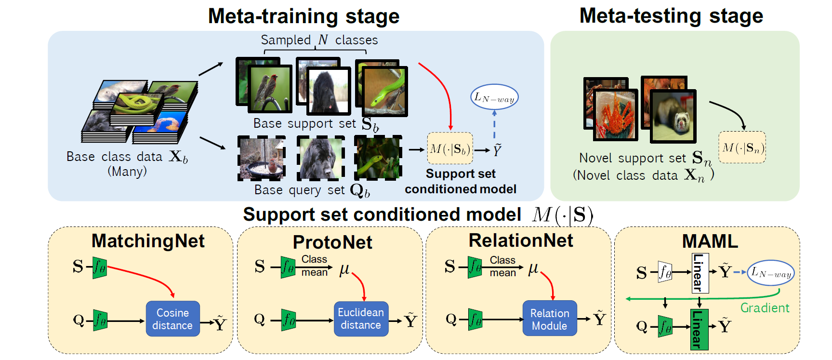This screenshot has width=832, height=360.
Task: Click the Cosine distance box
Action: point(172,319)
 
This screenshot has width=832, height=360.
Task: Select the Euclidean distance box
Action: point(361,319)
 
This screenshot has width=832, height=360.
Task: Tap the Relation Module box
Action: point(550,319)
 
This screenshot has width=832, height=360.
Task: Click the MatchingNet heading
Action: point(148,241)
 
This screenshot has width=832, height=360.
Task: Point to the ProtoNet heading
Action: point(332,242)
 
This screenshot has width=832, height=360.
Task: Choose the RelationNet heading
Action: point(521,240)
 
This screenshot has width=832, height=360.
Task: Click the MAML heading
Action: point(710,241)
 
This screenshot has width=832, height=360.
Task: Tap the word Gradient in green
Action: point(765,308)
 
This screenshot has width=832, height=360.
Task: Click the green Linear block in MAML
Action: point(699,329)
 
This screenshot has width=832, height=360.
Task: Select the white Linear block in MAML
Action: point(700,273)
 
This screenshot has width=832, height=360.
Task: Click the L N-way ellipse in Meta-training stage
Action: point(494,97)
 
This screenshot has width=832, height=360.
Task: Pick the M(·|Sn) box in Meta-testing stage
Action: point(742,147)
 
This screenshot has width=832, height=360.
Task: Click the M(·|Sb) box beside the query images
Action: point(450,148)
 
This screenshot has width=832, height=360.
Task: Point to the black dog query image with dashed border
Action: point(320,158)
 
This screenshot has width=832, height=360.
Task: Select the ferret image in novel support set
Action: point(674,116)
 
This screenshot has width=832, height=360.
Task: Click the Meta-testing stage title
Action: point(671,15)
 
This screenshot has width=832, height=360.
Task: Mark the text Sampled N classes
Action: point(319,40)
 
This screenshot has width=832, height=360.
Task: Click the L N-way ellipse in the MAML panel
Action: point(771,273)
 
